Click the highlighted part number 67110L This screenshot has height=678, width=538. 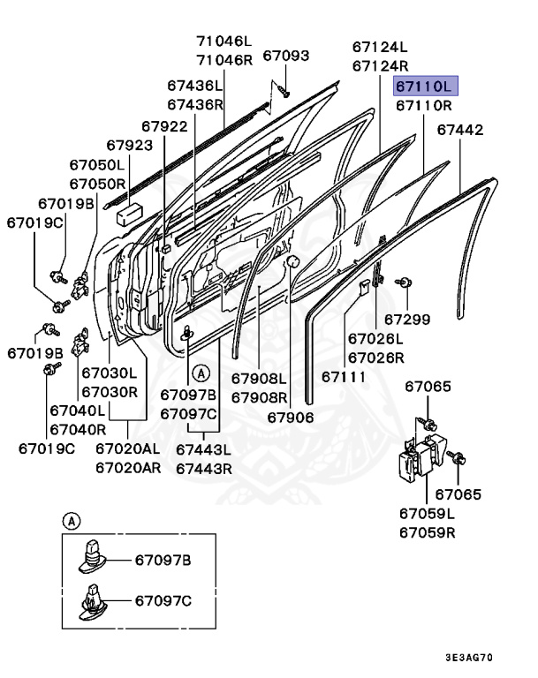(x=423, y=86)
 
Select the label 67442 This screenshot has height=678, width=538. (x=460, y=130)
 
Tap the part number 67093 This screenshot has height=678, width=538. (x=285, y=56)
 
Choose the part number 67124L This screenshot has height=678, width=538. (x=380, y=46)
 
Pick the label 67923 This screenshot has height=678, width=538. (x=129, y=144)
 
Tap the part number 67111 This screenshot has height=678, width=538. (x=344, y=376)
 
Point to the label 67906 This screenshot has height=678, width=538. (x=291, y=417)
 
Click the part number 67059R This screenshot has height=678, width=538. (x=427, y=532)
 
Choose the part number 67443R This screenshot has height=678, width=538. (x=203, y=468)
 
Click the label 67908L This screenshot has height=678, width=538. (x=260, y=378)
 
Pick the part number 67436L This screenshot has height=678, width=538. (x=195, y=86)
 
